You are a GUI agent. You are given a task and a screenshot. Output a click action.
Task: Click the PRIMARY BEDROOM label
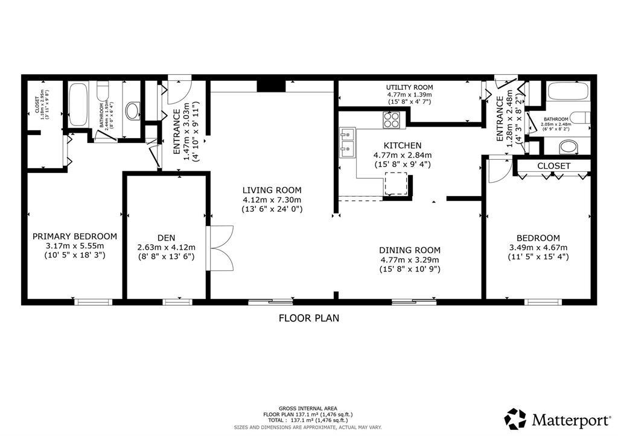(x=75, y=236)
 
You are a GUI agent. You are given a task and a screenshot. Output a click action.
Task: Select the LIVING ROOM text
(x=272, y=190)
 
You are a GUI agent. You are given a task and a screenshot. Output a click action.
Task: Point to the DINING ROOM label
(x=410, y=250)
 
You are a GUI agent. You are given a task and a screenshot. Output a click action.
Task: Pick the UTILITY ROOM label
(x=410, y=87)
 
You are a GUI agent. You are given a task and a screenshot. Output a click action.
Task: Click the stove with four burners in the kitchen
(x=391, y=121)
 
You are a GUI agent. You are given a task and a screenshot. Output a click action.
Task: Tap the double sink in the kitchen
(x=347, y=142)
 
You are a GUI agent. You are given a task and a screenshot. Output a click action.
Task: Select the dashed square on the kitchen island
(x=397, y=183)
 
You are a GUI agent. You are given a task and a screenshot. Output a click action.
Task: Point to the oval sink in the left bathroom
(x=133, y=111)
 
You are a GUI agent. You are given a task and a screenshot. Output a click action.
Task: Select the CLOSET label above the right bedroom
(x=553, y=166)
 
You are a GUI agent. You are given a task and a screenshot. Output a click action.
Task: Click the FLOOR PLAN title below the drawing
(x=308, y=318)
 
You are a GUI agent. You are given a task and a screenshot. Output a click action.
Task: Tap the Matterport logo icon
(x=515, y=418)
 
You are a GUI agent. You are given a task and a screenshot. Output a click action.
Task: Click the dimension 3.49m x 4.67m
(x=538, y=247)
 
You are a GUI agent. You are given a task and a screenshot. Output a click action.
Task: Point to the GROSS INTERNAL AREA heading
(x=308, y=408)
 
